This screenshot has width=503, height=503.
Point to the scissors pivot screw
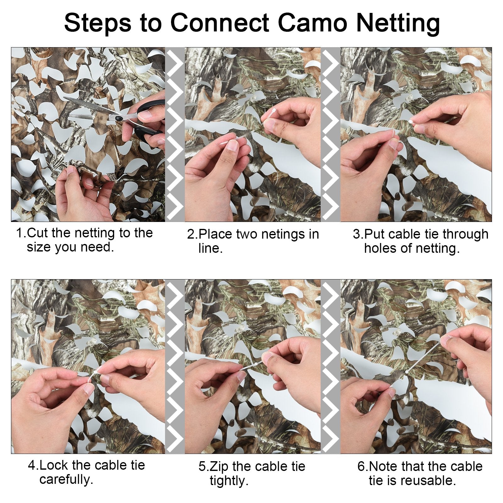point(119,118)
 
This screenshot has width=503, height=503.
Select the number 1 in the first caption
point(20,233)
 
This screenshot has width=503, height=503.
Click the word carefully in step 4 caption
point(66,480)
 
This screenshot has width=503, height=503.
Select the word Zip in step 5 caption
point(219,467)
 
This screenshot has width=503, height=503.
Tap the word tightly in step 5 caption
point(229,481)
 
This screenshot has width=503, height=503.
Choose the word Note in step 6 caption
point(384,466)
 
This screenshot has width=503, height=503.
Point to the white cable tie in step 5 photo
point(251,366)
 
